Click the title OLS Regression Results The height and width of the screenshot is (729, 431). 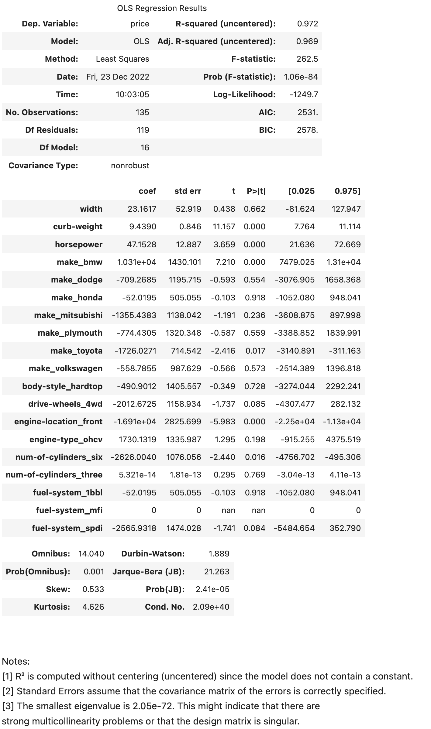pyautogui.click(x=162, y=8)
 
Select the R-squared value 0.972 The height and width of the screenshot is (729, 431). pyautogui.click(x=308, y=24)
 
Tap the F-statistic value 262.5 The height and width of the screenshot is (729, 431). pyautogui.click(x=307, y=59)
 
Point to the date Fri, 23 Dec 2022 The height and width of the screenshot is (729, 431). pyautogui.click(x=118, y=77)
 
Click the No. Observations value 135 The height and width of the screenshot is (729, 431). pyautogui.click(x=142, y=112)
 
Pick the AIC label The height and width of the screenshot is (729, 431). pyautogui.click(x=267, y=112)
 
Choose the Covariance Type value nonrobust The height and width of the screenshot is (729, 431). pyautogui.click(x=130, y=166)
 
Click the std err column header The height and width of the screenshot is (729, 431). pyautogui.click(x=188, y=191)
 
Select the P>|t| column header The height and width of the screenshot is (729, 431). pyautogui.click(x=256, y=191)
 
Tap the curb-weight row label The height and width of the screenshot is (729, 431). pyautogui.click(x=78, y=227)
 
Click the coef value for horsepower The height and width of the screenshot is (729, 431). pyautogui.click(x=141, y=245)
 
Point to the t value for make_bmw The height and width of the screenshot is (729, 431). pyautogui.click(x=225, y=262)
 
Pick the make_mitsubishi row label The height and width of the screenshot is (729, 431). pyautogui.click(x=68, y=315)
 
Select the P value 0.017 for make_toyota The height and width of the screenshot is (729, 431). pyautogui.click(x=255, y=351)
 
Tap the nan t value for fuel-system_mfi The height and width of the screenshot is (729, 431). pyautogui.click(x=228, y=510)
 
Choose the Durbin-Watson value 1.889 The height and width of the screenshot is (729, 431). pyautogui.click(x=219, y=554)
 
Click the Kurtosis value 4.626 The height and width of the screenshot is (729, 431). pyautogui.click(x=93, y=607)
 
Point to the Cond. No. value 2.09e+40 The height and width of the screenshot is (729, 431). pyautogui.click(x=211, y=607)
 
